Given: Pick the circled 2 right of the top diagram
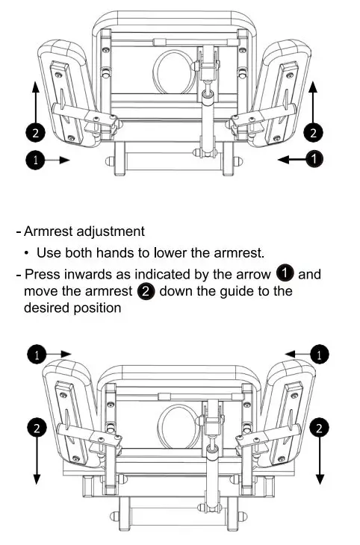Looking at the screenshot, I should point(314,133).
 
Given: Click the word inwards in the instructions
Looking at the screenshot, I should point(82,274).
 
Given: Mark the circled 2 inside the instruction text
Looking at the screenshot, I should point(146,291).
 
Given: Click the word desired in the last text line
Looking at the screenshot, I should point(46,308).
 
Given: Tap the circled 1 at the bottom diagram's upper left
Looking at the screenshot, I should point(35,354).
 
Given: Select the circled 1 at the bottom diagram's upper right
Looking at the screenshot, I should point(320,354).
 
